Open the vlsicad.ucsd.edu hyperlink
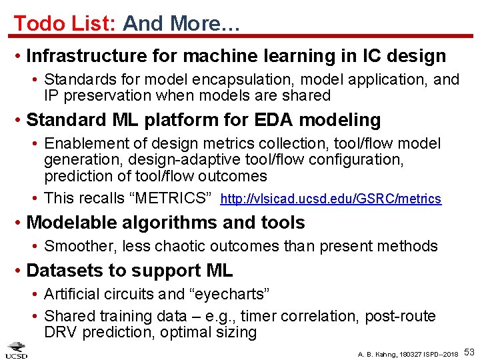pos(330,199)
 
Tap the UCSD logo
pos(17,350)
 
